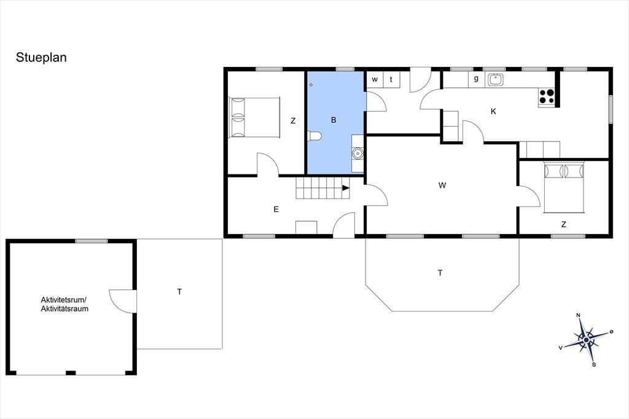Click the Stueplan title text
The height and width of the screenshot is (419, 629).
click(x=41, y=58)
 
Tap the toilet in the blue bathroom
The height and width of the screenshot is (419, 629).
click(x=314, y=136)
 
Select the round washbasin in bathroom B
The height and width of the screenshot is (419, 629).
click(x=357, y=154)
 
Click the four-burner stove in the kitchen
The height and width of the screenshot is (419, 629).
click(x=546, y=96)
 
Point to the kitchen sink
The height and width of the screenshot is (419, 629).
click(x=496, y=79)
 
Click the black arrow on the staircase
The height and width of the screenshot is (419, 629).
click(x=345, y=188)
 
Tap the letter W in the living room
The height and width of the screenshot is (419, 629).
click(x=442, y=186)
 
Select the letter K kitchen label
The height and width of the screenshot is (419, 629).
click(x=493, y=112)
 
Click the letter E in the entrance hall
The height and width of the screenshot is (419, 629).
click(x=276, y=209)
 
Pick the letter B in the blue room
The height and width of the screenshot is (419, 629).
click(x=334, y=120)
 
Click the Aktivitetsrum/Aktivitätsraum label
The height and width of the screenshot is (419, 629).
click(x=64, y=304)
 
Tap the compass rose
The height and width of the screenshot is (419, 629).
click(x=586, y=340)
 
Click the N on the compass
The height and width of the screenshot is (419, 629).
click(x=579, y=315)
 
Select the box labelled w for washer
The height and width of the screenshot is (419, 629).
click(x=374, y=79)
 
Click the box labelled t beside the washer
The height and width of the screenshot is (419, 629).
click(x=391, y=79)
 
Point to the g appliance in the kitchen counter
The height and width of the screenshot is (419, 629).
click(x=476, y=79)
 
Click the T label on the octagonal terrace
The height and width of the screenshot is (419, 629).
click(x=440, y=273)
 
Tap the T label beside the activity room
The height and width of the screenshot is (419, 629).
click(x=179, y=292)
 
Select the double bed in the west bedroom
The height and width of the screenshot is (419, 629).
click(x=254, y=117)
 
